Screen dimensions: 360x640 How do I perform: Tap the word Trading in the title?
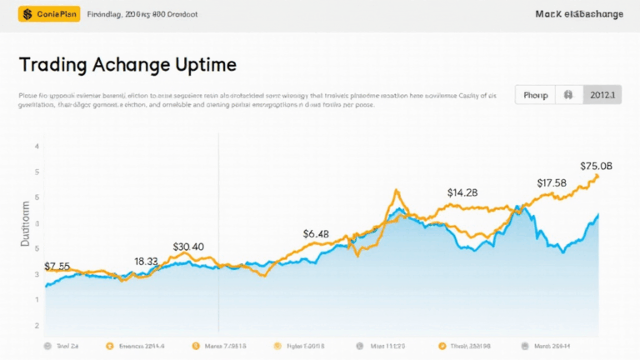coord(55,64)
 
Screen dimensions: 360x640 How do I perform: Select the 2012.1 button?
coord(601,95)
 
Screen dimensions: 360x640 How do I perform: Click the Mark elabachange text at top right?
coord(579,14)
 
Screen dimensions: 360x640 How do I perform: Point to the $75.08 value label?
coord(596,165)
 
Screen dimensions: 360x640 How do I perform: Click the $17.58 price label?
coord(552,182)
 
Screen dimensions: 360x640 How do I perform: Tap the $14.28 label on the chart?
coord(462,192)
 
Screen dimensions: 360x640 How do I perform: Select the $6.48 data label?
coord(316,233)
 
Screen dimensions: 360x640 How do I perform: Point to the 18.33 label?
coord(146,261)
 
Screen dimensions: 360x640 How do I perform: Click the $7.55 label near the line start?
coord(57,266)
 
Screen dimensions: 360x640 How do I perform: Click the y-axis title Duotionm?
coord(25,222)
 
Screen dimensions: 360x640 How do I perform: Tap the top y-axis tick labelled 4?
coord(37,147)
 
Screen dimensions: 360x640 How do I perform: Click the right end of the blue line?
coord(598,215)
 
